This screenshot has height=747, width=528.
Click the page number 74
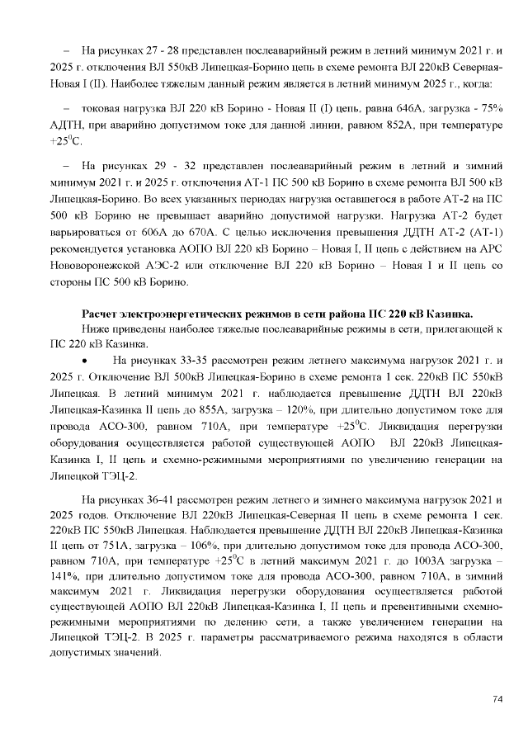point(497,699)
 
